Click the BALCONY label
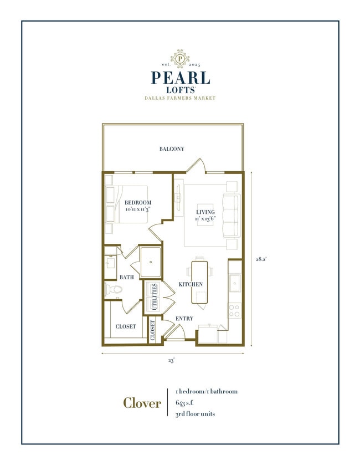172,149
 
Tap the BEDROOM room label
137,203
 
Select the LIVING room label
205,212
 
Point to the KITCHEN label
190,284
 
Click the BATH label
126,276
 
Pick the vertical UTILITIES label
155,297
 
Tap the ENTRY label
184,319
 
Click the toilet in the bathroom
114,289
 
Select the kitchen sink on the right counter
235,283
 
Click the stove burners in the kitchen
235,310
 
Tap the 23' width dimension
172,361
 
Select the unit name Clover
142,403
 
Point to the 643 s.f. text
184,402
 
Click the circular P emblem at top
179,58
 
